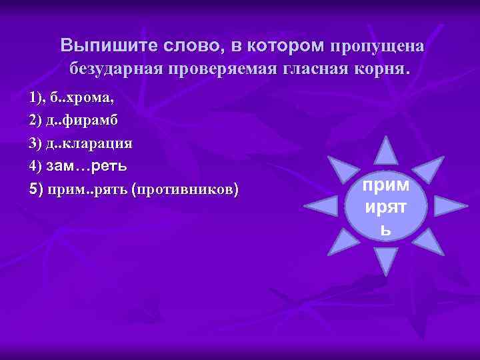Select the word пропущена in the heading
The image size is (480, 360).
[x=375, y=45]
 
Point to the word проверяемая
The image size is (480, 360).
[x=213, y=68]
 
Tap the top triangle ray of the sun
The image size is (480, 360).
[x=386, y=150]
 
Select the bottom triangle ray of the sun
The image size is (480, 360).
[x=386, y=261]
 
